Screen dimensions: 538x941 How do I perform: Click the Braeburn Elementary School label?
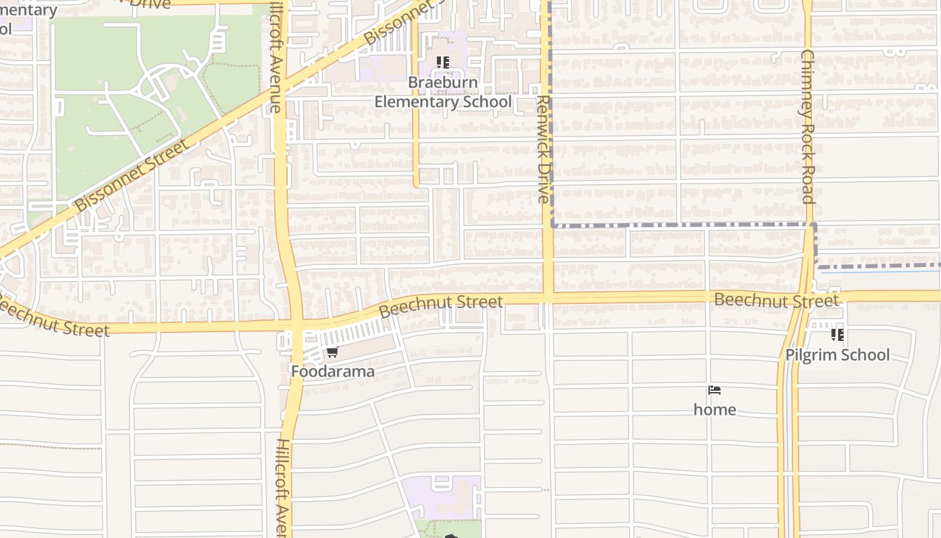click(x=443, y=93)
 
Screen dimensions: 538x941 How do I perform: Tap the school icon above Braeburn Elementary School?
click(x=442, y=63)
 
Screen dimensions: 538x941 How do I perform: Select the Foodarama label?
click(x=333, y=371)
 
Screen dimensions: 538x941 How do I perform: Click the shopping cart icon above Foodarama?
click(x=332, y=352)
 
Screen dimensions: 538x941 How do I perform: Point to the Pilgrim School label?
click(x=837, y=354)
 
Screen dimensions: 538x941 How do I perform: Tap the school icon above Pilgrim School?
click(x=837, y=334)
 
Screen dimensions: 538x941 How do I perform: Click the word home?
click(x=714, y=410)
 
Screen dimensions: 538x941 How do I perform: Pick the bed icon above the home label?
click(x=714, y=390)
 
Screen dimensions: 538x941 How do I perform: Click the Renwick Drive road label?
click(x=544, y=149)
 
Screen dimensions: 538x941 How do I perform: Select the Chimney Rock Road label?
click(x=807, y=126)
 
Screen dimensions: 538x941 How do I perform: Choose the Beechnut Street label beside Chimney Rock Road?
click(x=776, y=300)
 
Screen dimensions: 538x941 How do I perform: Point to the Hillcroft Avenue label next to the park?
click(x=275, y=57)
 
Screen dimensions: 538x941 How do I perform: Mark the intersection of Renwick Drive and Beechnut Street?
click(x=548, y=297)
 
